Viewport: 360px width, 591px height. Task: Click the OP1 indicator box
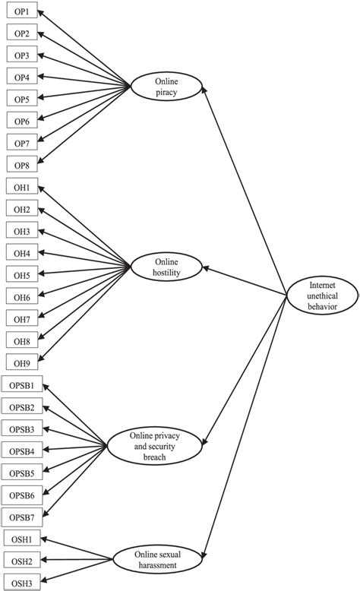tap(21, 11)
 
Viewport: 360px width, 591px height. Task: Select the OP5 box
tap(21, 99)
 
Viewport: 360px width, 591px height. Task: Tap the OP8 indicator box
tap(21, 164)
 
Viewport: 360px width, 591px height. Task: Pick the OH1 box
tap(21, 188)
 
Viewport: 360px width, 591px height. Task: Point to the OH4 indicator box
tap(21, 253)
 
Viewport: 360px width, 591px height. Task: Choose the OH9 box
tap(21, 363)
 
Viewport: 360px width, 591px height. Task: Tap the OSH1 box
tap(21, 539)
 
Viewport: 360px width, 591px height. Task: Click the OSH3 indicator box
tap(21, 582)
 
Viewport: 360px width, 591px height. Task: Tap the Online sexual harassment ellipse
tap(157, 561)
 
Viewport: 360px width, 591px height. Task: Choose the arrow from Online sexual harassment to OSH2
tap(76, 561)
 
